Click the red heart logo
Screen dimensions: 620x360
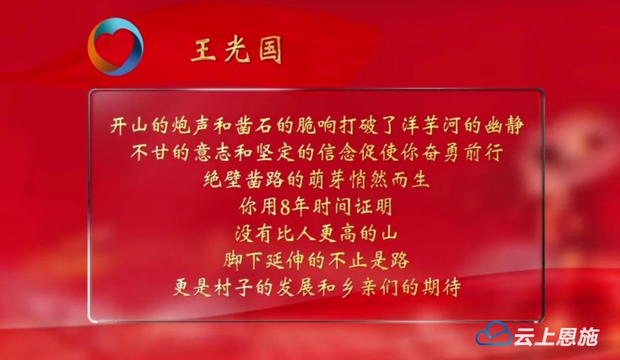115,46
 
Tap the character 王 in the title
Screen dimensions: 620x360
204,50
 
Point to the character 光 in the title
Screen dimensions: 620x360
238,50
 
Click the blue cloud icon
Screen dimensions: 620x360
493,334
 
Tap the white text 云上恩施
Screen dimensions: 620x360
557,336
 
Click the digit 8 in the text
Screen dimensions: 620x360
285,207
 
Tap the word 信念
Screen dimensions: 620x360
337,152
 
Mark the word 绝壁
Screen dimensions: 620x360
223,179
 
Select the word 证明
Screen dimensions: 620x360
373,207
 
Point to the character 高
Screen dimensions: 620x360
347,233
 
